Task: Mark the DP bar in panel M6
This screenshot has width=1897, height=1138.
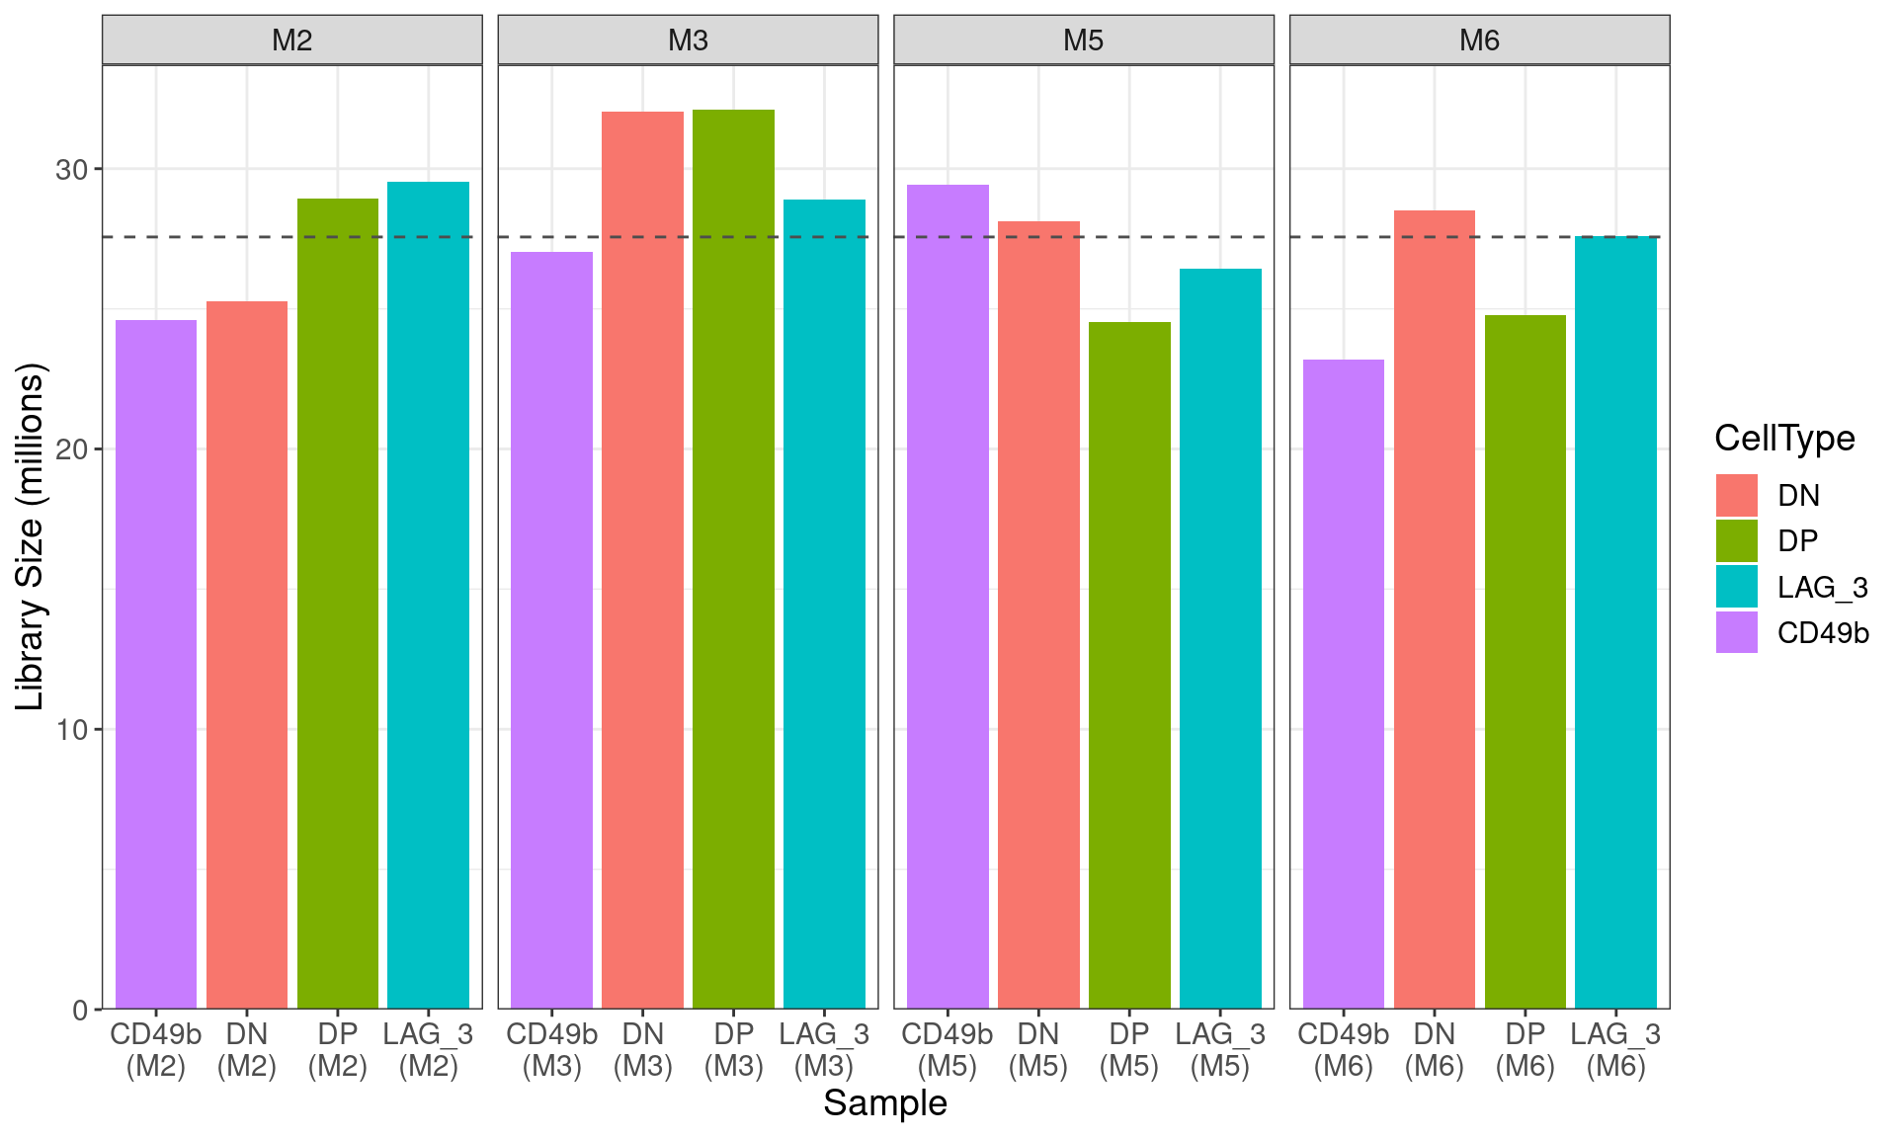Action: (1525, 662)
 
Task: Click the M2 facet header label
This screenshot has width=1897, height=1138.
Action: (292, 41)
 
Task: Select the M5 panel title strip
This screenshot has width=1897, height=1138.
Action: (1084, 41)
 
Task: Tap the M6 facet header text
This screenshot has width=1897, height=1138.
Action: (1479, 41)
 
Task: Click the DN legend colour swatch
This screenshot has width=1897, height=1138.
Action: (1736, 495)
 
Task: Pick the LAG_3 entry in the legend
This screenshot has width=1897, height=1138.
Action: (1822, 587)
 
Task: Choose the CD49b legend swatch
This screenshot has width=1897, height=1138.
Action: (1736, 632)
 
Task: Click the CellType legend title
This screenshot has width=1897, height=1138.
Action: (1784, 438)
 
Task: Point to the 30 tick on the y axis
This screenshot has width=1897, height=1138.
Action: (71, 170)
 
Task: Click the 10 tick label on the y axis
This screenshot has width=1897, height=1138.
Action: (71, 730)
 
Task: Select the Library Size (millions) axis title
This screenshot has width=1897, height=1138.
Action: (32, 536)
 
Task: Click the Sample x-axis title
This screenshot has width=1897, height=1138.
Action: (885, 1102)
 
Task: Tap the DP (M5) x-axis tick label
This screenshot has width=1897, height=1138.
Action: (1128, 1049)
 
